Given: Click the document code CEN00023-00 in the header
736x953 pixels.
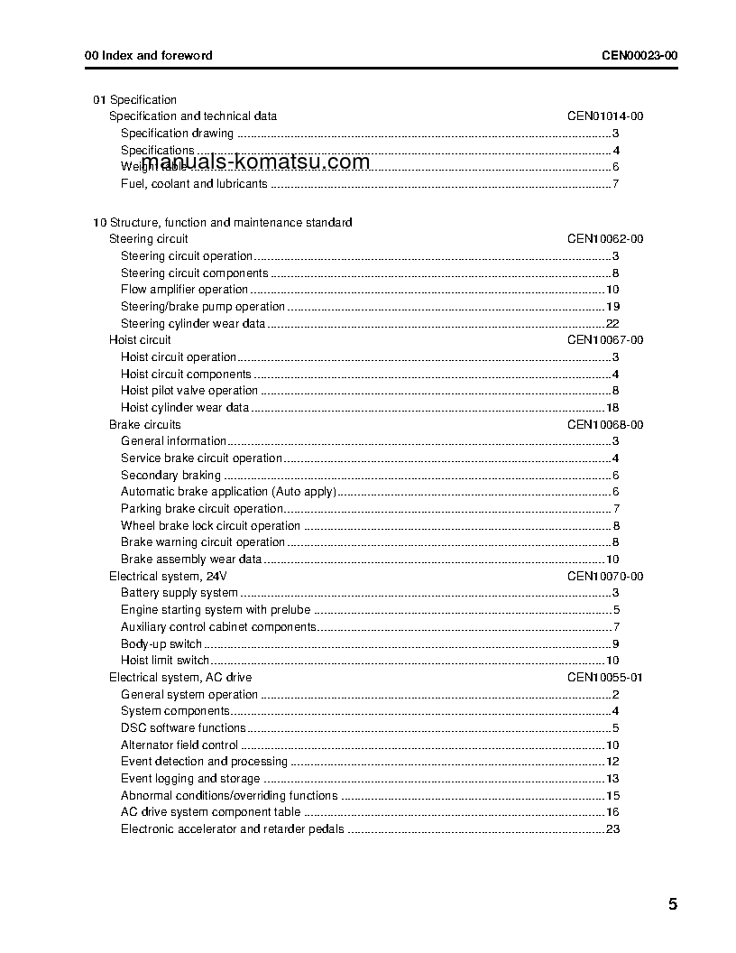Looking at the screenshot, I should click(x=639, y=55).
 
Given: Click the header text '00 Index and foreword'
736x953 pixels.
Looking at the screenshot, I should click(x=149, y=55).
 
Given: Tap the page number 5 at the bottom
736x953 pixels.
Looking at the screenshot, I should click(x=673, y=904).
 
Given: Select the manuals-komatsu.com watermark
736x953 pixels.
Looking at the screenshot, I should click(x=256, y=162).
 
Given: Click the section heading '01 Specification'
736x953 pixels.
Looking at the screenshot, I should click(x=135, y=100).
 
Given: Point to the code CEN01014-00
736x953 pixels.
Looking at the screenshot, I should click(x=604, y=116).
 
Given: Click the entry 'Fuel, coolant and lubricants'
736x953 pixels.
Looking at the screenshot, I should click(x=194, y=184).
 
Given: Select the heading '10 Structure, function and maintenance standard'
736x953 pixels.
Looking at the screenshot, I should click(x=223, y=222).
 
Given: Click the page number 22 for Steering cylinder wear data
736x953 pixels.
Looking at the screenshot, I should click(x=612, y=324).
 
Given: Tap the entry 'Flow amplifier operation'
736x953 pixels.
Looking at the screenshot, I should click(x=184, y=290).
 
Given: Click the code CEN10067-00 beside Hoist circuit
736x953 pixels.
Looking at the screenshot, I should click(x=604, y=340).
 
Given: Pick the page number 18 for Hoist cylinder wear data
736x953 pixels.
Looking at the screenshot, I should click(x=612, y=408).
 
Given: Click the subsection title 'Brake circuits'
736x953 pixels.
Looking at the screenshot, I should click(x=144, y=425).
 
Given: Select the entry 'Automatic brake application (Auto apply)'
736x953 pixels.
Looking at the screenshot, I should click(x=228, y=492).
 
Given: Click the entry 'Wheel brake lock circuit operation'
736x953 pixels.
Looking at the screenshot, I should click(x=210, y=526).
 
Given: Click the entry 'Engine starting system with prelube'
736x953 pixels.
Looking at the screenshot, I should click(x=216, y=610).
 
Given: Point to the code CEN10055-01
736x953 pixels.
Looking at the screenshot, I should click(x=604, y=678).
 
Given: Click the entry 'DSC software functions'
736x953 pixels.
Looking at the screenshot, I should click(x=183, y=728).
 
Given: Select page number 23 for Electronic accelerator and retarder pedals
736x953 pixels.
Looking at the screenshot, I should click(x=612, y=829).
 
